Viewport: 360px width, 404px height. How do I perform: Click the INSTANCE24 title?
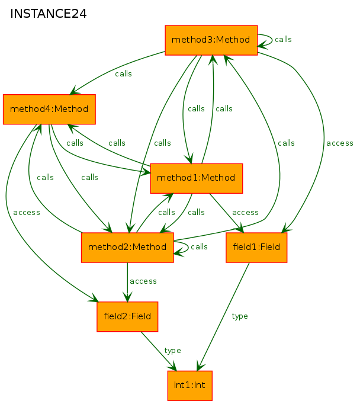(49, 14)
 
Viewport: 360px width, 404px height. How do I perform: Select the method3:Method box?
(211, 40)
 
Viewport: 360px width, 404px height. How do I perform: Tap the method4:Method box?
(49, 109)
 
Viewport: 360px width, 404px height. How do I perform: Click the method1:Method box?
(197, 178)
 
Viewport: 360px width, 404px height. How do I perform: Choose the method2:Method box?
(127, 248)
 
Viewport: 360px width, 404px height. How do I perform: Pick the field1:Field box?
(256, 248)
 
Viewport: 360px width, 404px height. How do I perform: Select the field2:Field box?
(127, 317)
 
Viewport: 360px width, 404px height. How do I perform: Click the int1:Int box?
(190, 386)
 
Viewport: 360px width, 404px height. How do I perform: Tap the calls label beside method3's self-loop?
(283, 40)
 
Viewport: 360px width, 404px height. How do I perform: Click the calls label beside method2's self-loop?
(199, 246)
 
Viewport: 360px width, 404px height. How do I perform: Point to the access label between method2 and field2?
(143, 281)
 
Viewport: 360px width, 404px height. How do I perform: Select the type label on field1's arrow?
(240, 316)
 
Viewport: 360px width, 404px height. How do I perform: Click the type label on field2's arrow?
(172, 351)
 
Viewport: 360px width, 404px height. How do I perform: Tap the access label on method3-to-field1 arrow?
(340, 143)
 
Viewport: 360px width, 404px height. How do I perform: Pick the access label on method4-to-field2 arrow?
(27, 212)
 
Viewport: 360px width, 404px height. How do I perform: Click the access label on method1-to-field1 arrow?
(245, 212)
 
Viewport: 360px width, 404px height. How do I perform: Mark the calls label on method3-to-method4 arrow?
(123, 73)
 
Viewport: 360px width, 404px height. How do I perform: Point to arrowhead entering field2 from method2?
(127, 297)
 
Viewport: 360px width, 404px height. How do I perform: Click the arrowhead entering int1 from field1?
(200, 366)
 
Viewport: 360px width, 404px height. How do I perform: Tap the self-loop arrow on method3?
(272, 40)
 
